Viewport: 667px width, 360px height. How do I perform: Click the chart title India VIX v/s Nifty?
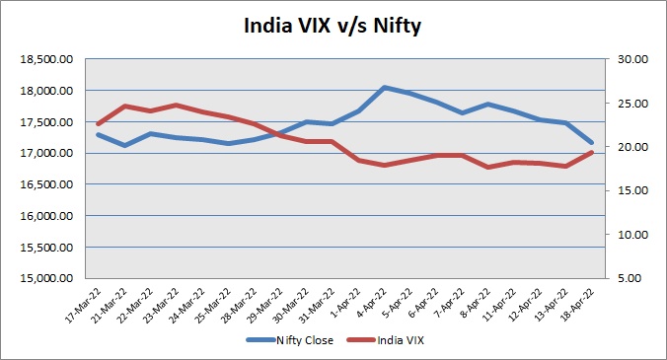333,26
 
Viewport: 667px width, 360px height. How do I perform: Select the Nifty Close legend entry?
290,340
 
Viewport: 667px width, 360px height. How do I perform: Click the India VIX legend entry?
386,340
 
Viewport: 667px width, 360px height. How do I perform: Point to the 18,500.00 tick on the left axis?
46,59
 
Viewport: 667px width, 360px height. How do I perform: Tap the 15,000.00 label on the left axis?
46,278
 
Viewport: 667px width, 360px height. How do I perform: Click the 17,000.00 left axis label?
46,153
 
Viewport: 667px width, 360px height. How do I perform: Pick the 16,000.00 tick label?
46,215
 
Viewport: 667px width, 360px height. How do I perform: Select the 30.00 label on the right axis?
632,59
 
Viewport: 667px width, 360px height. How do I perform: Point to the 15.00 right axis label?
632,190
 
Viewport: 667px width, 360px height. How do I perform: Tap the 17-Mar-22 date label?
84,305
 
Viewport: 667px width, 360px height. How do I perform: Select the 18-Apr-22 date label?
577,305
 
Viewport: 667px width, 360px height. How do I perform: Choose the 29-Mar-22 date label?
266,305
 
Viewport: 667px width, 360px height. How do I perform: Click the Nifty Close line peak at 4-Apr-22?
385,87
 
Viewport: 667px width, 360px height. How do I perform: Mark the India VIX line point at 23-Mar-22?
177,105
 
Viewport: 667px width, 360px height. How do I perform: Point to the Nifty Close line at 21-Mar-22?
124,145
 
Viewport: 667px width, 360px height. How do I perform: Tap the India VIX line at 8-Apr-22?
487,167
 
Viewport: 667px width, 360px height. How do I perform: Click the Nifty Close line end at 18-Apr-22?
591,143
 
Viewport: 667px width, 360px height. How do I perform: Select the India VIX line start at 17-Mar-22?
99,124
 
